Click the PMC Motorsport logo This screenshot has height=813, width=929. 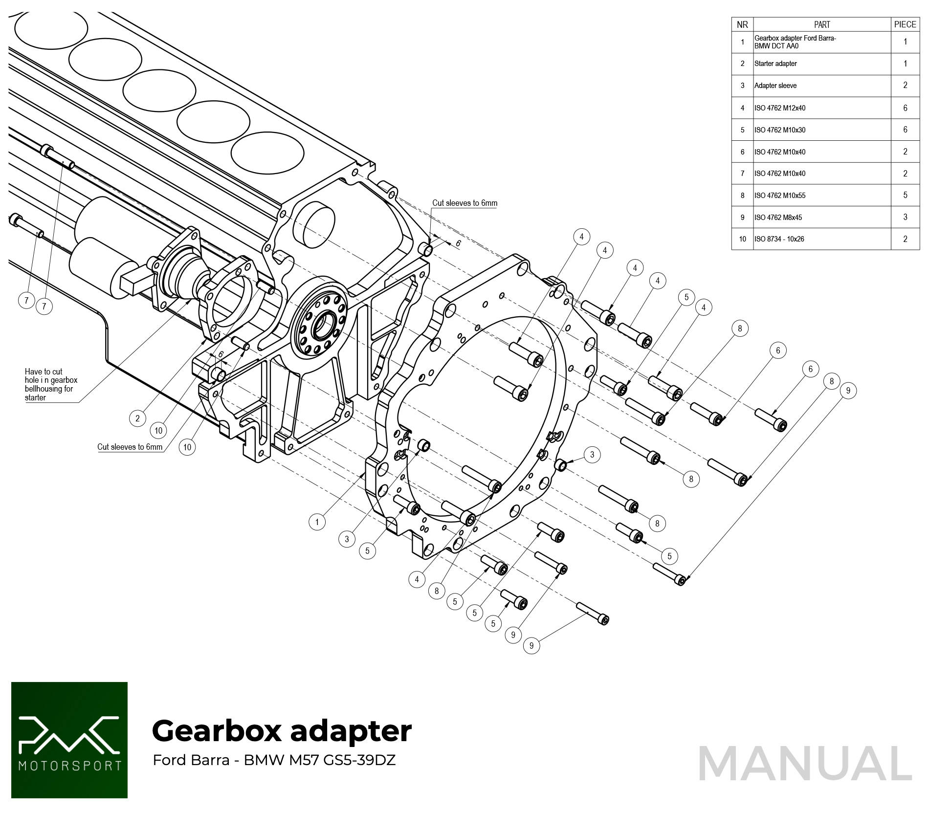pos(69,740)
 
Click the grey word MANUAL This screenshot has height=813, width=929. pos(805,764)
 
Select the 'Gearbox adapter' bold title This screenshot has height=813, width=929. pos(282,731)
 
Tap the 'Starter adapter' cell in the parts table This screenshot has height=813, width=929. pos(775,64)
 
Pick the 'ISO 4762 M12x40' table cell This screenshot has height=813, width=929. pos(780,108)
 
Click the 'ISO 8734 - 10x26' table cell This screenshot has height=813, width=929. pos(779,239)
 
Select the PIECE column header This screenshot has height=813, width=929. pos(905,24)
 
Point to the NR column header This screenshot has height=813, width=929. pos(742,24)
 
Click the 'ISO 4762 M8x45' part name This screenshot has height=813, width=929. pos(778,218)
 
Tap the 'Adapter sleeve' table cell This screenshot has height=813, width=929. pos(775,86)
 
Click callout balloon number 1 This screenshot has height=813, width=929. pos(317,522)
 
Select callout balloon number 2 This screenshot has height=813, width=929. pos(137,418)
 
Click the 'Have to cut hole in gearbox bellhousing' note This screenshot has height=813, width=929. pos(51,385)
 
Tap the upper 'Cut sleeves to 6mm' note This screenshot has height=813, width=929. pos(464,203)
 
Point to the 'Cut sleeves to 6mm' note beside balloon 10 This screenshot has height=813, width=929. pos(130,447)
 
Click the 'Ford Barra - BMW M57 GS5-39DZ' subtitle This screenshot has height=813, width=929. pos(274,760)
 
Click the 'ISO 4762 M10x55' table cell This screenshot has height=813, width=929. pos(780,196)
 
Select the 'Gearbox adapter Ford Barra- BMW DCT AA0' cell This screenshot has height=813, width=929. pos(795,42)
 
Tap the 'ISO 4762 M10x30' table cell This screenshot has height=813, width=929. pos(780,130)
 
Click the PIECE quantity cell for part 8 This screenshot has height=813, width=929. pos(905,195)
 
